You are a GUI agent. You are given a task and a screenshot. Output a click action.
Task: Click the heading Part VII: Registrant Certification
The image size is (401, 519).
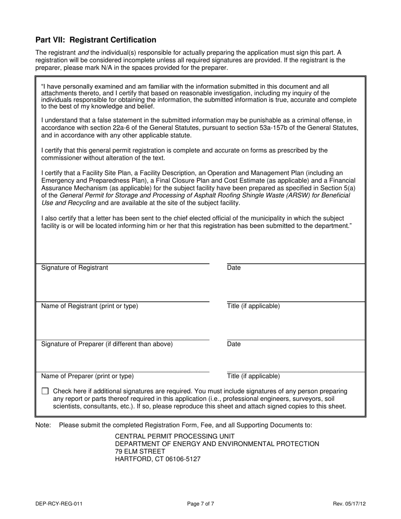(96, 40)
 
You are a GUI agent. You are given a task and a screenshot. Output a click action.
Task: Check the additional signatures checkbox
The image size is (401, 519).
(45, 391)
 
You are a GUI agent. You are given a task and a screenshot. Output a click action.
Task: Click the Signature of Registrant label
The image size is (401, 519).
(74, 268)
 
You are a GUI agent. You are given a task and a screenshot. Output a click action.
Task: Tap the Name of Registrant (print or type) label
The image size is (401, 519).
(89, 306)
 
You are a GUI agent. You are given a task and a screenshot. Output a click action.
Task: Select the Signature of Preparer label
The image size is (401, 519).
(107, 344)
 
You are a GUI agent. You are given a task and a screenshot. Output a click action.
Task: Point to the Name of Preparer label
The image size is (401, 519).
(87, 376)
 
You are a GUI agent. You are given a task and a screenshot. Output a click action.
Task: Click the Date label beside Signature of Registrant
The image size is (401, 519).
(234, 268)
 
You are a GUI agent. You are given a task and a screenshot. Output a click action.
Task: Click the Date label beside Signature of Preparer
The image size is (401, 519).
(234, 344)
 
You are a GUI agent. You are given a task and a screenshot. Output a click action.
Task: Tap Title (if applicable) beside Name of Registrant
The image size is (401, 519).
(253, 306)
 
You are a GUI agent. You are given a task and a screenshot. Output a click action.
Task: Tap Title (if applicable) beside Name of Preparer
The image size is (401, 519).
(253, 376)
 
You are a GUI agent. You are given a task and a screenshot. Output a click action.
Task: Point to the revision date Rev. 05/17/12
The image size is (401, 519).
(349, 503)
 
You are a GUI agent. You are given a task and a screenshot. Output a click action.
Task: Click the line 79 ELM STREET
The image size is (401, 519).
(140, 451)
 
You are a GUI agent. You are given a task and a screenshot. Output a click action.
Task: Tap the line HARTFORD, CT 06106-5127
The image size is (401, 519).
(158, 459)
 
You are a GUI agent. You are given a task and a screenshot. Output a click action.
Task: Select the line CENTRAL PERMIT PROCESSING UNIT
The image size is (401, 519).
(175, 436)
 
